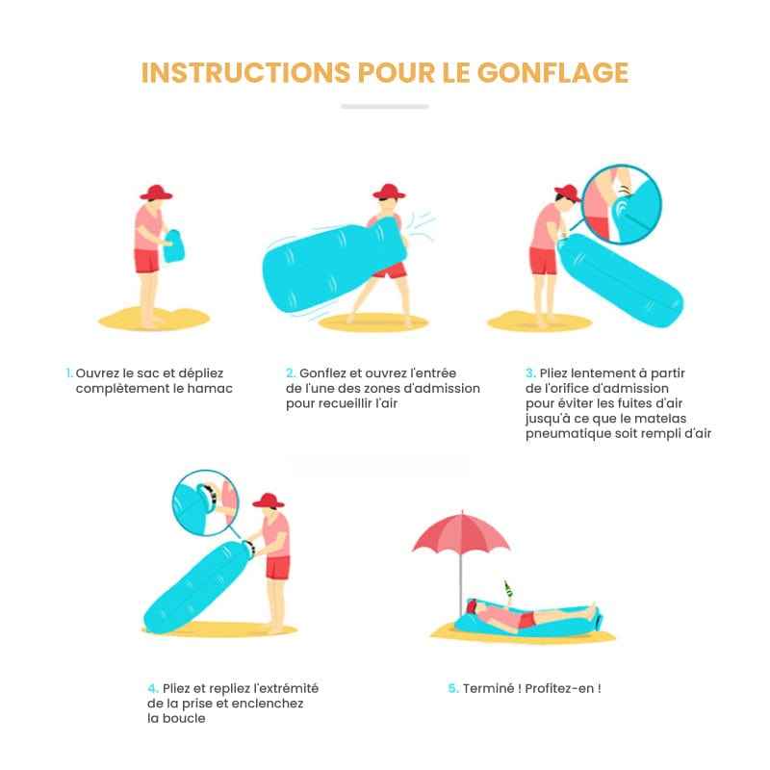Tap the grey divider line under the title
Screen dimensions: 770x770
384,106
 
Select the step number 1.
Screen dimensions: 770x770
68,372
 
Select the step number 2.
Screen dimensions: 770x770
291,372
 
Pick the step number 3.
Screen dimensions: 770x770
530,372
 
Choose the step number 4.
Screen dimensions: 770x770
153,688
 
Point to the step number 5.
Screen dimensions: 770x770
452,688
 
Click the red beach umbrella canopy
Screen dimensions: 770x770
461,534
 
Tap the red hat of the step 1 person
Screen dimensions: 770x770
155,192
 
